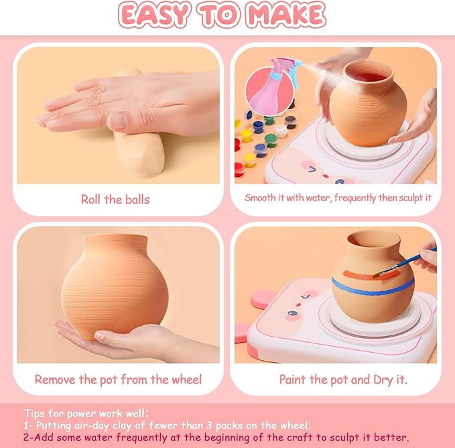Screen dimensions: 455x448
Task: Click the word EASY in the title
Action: click(155, 15)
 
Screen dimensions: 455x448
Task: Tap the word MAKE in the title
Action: click(286, 15)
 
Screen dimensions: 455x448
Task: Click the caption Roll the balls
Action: click(115, 199)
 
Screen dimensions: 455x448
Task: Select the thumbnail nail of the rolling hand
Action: click(118, 120)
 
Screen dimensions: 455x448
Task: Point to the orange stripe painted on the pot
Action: click(366, 275)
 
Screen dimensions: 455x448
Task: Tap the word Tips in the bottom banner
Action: click(35, 413)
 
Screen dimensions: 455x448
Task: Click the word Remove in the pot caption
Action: click(55, 380)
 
